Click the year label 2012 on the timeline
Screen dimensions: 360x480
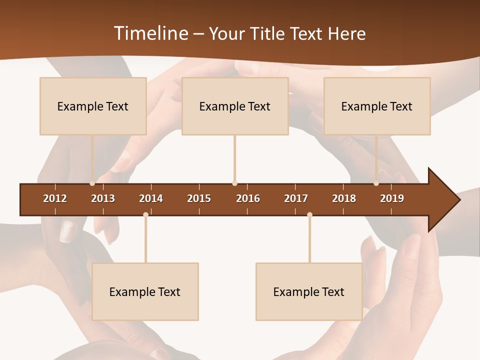point(55,198)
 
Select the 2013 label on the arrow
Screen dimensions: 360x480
point(103,198)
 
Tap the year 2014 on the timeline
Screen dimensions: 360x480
point(151,198)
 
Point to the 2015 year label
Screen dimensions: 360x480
point(199,198)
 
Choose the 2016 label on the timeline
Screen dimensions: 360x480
point(248,198)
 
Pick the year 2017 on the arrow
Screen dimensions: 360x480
point(296,198)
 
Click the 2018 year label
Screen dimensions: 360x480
point(344,198)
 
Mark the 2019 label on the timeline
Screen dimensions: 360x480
point(392,198)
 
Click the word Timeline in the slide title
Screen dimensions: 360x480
point(149,33)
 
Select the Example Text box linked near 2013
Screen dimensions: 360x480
point(93,106)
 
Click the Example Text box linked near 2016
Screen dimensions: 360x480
point(235,106)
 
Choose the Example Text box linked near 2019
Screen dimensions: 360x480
point(377,106)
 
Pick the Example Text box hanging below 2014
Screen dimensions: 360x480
point(145,291)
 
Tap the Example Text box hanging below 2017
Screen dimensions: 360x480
point(309,291)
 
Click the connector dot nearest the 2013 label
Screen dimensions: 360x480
point(92,183)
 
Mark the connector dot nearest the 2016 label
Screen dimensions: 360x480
point(235,183)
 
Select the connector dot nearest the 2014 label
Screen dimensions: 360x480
point(145,214)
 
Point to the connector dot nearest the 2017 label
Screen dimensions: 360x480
point(309,214)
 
